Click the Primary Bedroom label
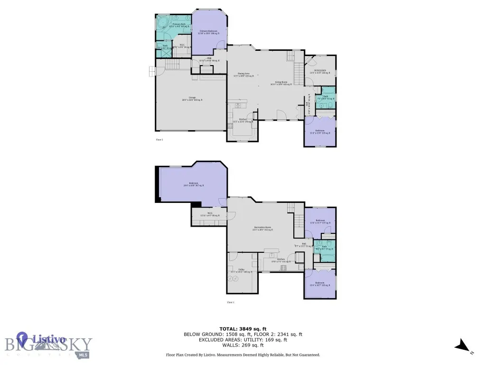[209, 31]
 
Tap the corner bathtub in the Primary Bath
[162, 21]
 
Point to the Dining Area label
[243, 75]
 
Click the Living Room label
[279, 83]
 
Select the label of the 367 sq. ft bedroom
[193, 185]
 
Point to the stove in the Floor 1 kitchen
[283, 268]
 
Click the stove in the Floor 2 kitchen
[231, 126]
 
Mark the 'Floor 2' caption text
[159, 140]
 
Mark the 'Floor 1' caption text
[230, 302]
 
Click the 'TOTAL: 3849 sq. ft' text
[243, 329]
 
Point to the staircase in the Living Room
[298, 74]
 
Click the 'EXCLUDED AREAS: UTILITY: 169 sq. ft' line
[243, 339]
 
